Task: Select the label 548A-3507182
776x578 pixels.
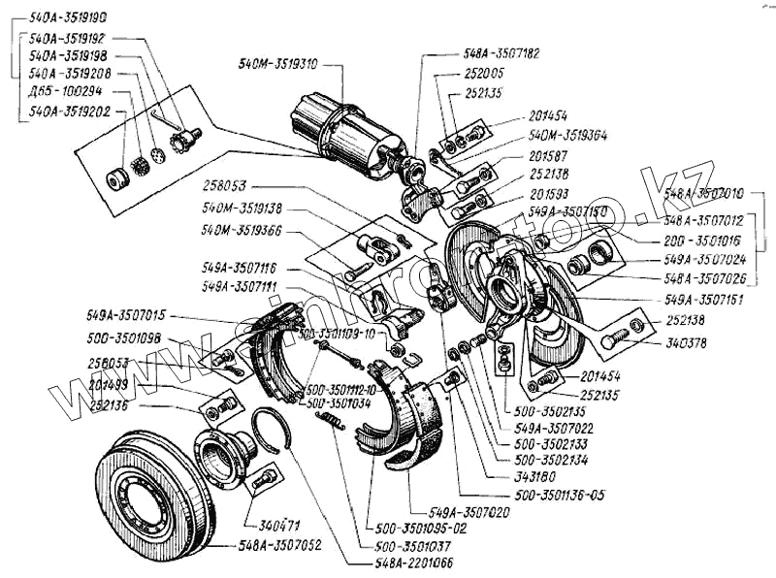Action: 501,55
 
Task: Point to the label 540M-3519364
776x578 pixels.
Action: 568,137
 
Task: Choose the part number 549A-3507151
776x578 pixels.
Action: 702,301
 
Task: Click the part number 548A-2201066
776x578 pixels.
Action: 412,562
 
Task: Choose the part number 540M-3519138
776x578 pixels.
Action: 242,208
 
